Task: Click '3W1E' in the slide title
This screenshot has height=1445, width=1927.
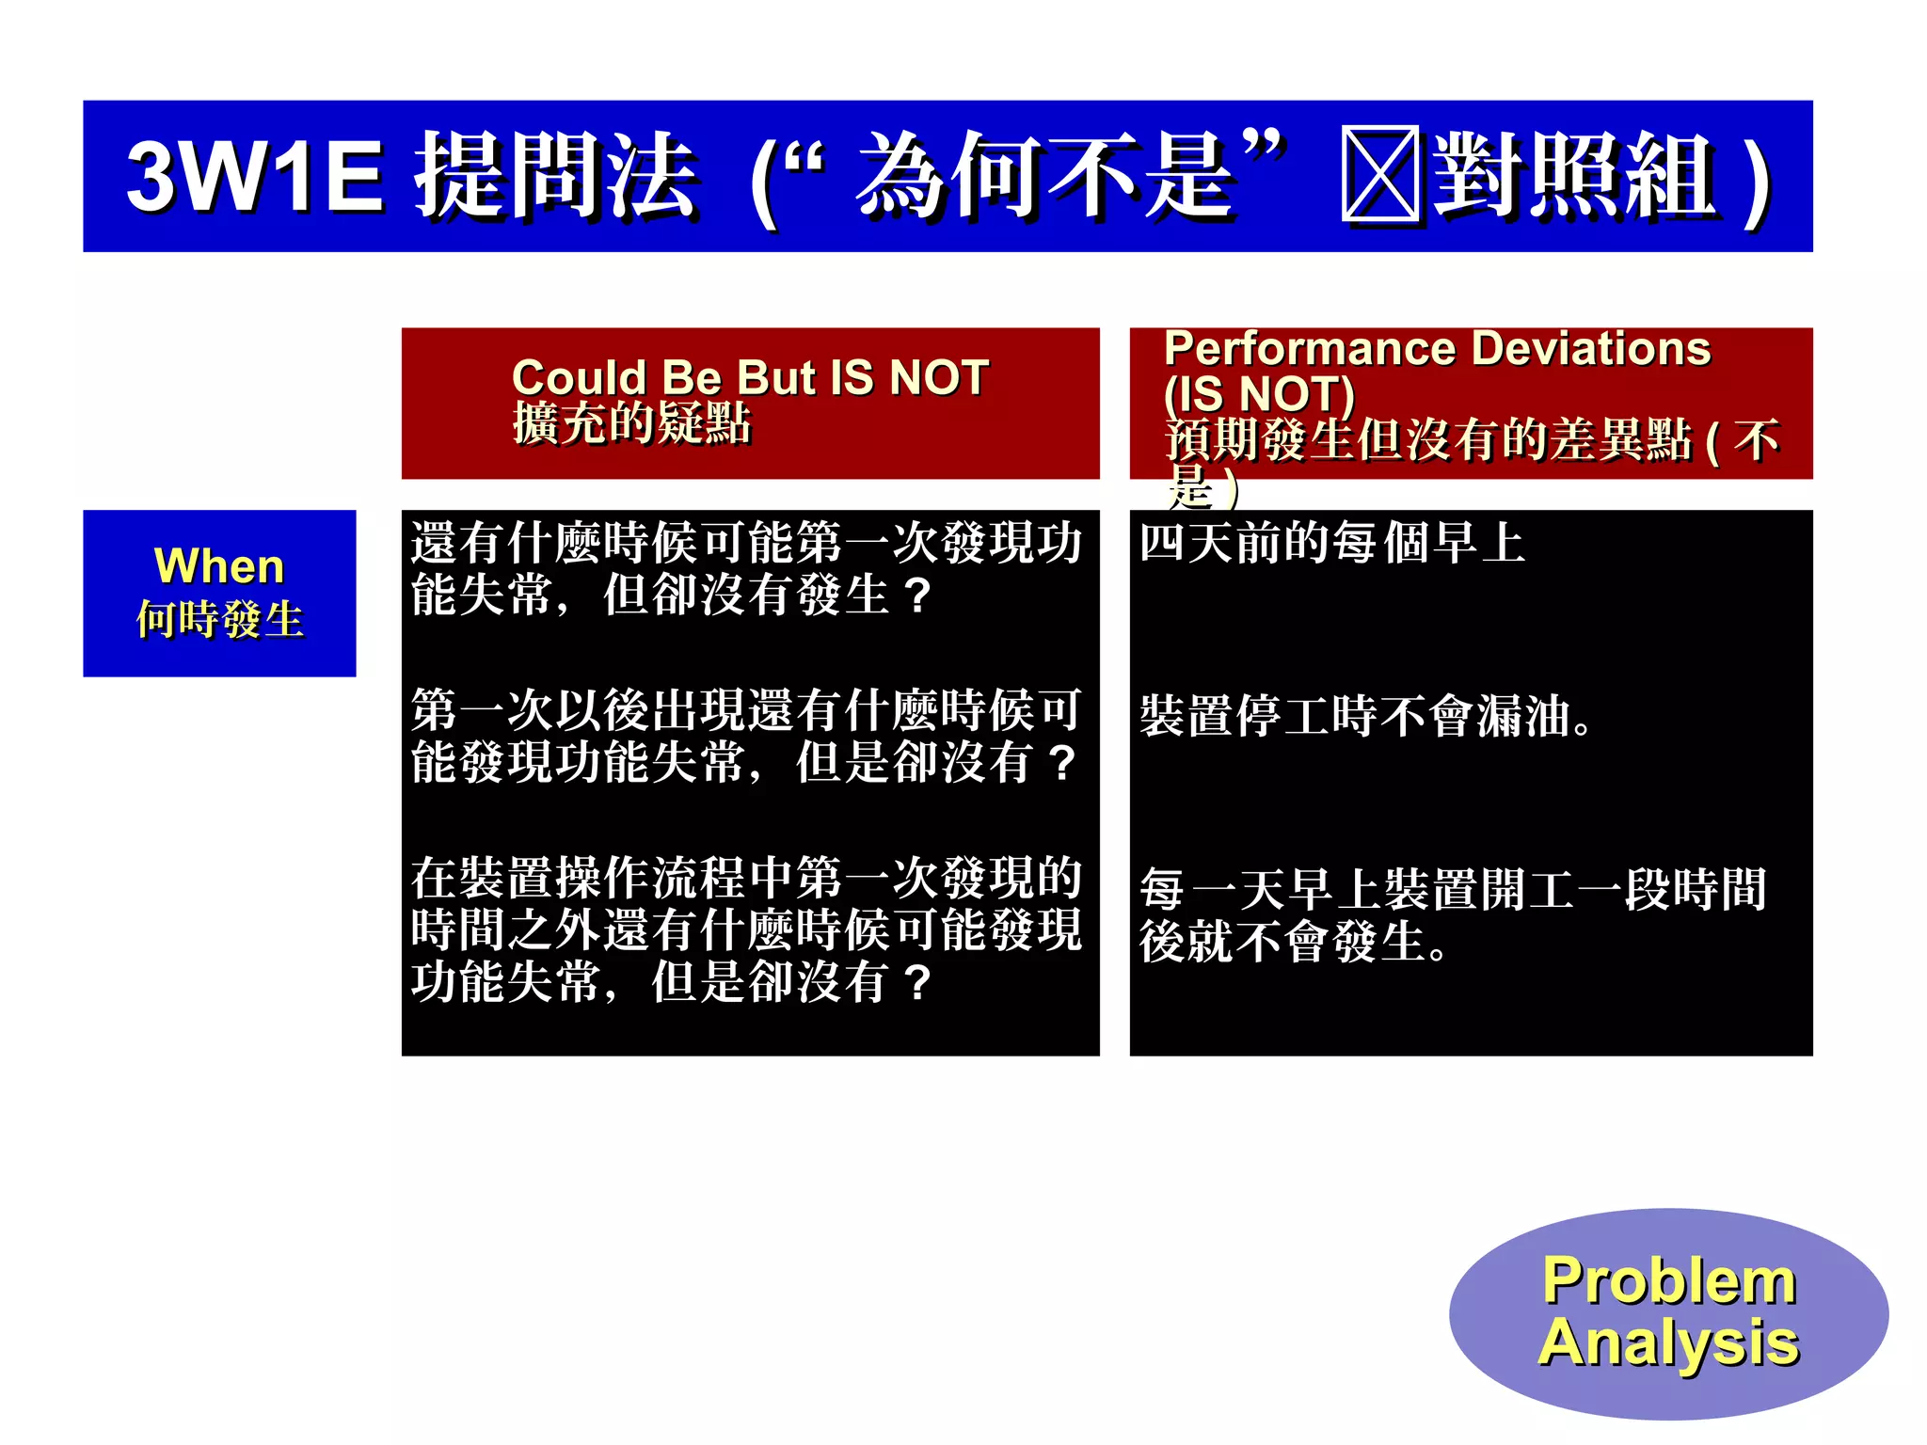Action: coord(254,176)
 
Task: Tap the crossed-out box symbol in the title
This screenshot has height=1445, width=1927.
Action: coord(1379,175)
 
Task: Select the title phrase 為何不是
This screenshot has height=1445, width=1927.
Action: coord(1044,175)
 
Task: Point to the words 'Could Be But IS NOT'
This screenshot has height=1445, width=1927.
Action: coord(750,378)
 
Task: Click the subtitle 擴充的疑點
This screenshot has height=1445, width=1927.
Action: coord(631,423)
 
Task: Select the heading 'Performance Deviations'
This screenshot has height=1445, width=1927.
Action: coord(1437,349)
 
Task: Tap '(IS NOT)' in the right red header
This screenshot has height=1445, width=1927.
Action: coord(1259,393)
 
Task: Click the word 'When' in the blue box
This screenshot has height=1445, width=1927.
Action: coord(219,566)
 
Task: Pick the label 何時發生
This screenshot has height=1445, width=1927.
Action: coord(219,620)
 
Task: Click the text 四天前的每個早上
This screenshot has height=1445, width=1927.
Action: coord(1331,544)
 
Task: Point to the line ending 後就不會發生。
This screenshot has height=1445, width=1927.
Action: coord(1293,942)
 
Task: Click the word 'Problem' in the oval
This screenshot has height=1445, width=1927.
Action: coord(1668,1280)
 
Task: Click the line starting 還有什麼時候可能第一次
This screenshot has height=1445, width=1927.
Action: coord(746,544)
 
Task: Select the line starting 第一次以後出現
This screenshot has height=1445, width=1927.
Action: coord(746,710)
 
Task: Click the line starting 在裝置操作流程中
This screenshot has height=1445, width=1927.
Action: coord(746,878)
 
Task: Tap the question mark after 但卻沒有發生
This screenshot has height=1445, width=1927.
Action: coord(916,595)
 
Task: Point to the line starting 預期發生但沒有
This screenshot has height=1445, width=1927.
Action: coord(1471,439)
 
